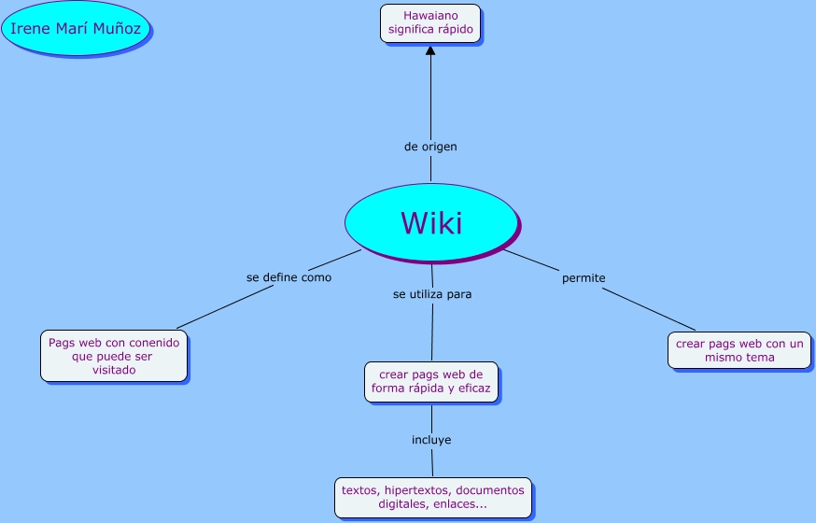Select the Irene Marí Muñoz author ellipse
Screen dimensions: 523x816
click(76, 29)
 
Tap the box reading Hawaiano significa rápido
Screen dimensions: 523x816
click(430, 22)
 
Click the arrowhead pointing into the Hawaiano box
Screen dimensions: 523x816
click(430, 50)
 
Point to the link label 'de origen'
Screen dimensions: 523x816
click(430, 147)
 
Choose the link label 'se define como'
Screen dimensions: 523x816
click(288, 277)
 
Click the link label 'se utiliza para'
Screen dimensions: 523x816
click(432, 293)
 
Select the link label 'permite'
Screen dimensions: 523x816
click(584, 278)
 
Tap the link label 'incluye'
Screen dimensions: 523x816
click(431, 439)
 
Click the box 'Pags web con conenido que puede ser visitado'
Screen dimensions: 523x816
click(114, 356)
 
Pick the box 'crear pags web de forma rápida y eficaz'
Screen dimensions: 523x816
click(431, 381)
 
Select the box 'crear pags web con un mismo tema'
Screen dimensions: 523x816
click(739, 350)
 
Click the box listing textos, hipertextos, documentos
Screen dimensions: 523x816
click(433, 497)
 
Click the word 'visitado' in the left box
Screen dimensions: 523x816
click(114, 370)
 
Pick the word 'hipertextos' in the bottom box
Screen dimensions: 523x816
click(419, 489)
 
